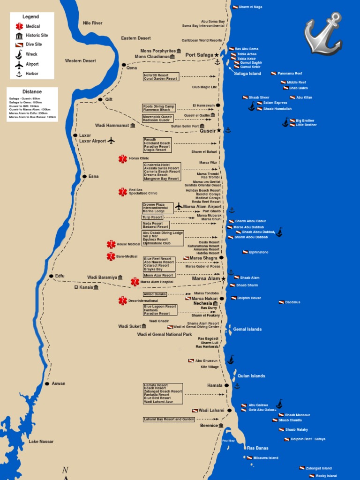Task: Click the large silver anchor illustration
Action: (x=323, y=35)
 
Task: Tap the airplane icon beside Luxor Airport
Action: (x=111, y=140)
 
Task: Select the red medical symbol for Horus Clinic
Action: (x=123, y=159)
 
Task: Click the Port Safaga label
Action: (x=199, y=55)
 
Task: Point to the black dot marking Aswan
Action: (x=47, y=383)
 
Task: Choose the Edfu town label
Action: (x=60, y=276)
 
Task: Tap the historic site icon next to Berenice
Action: (x=221, y=426)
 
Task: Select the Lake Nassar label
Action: (x=41, y=442)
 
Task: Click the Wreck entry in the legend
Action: (x=31, y=54)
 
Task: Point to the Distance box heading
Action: (x=32, y=92)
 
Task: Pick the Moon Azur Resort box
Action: (x=159, y=275)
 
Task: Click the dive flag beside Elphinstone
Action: (x=245, y=252)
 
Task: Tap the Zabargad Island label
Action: (x=318, y=468)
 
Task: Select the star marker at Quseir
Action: (x=219, y=130)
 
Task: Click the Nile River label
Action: (x=92, y=23)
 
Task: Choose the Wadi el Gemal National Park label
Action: (x=165, y=335)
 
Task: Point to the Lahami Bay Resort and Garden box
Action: (x=169, y=419)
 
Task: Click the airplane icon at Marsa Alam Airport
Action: (x=179, y=206)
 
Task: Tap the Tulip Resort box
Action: (x=152, y=217)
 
